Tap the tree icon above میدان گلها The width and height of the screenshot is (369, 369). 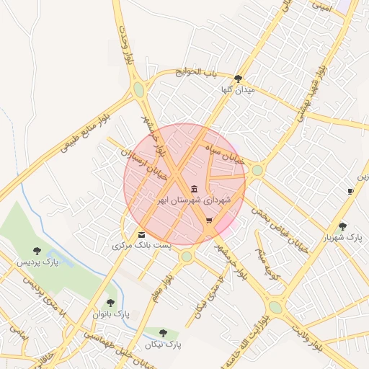pyautogui.click(x=239, y=79)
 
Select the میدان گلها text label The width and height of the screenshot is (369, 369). pyautogui.click(x=239, y=90)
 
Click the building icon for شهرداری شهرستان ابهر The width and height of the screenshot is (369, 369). pyautogui.click(x=195, y=188)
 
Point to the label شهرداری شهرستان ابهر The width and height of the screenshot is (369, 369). pyautogui.click(x=195, y=199)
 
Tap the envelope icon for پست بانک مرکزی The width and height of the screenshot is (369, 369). pyautogui.click(x=141, y=235)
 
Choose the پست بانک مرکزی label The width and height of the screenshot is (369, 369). pyautogui.click(x=142, y=246)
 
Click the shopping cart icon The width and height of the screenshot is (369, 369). pyautogui.click(x=209, y=221)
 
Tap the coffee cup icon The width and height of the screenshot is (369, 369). pyautogui.click(x=350, y=191)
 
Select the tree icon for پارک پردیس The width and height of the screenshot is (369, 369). pyautogui.click(x=37, y=251)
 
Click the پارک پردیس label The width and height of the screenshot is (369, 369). pyautogui.click(x=37, y=262)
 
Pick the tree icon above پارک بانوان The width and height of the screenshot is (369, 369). pyautogui.click(x=110, y=303)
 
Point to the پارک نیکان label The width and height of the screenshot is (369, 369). pyautogui.click(x=164, y=344)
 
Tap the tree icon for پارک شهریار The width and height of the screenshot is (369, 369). pyautogui.click(x=342, y=226)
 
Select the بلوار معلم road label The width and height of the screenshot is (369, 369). pyautogui.click(x=164, y=285)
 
